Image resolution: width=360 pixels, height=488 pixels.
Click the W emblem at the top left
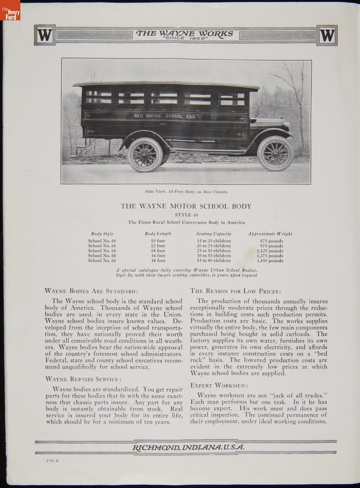click(44, 35)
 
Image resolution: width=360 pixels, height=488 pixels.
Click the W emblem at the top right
click(327, 35)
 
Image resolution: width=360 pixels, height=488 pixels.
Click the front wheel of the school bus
click(275, 153)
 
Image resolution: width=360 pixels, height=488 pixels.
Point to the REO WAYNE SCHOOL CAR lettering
click(165, 116)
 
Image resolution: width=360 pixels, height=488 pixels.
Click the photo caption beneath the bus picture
click(186, 192)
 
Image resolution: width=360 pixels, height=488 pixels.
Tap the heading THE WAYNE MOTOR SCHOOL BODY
click(186, 206)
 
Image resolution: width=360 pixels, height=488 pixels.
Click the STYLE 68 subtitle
click(186, 215)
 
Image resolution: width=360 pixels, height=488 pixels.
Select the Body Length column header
click(158, 234)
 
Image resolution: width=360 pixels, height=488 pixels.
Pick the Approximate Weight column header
click(270, 234)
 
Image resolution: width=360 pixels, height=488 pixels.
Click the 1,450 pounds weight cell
click(270, 261)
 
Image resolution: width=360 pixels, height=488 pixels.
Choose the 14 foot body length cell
click(158, 251)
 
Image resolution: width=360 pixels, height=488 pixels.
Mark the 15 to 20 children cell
click(214, 241)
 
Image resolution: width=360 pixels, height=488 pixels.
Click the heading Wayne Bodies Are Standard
click(91, 291)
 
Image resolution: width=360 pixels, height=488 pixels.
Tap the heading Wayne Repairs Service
click(83, 379)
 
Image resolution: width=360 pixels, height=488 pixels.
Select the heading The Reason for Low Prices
click(235, 291)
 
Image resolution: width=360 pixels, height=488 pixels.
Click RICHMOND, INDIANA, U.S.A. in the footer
click(188, 447)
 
